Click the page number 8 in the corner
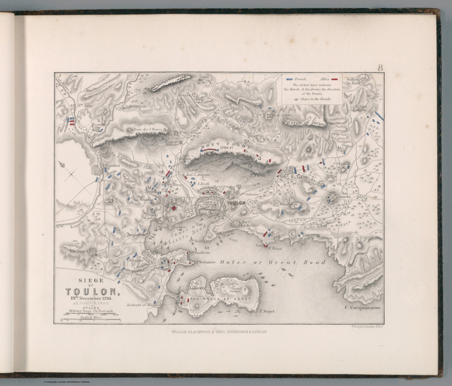click(380, 68)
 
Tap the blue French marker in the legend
click(290, 79)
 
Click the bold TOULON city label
click(236, 203)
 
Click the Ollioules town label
click(111, 165)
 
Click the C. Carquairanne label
click(362, 308)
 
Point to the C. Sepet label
click(267, 311)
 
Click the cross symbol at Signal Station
click(244, 290)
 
